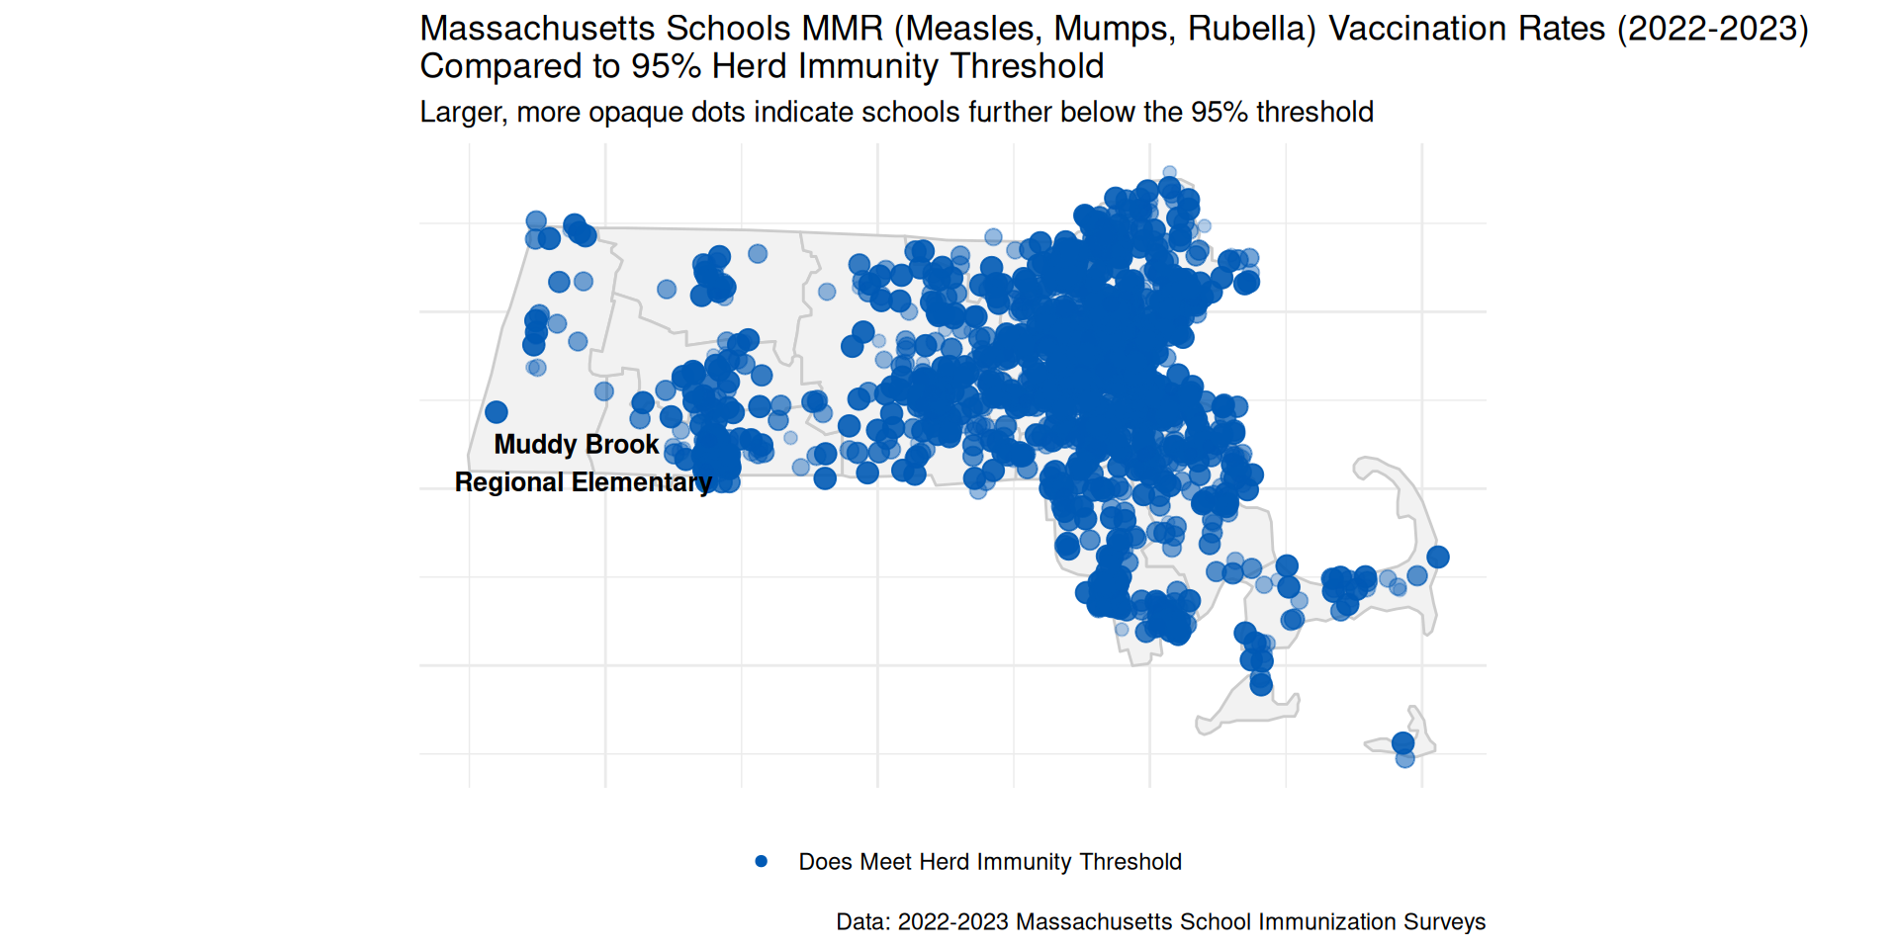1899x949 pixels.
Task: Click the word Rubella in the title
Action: pos(1251,29)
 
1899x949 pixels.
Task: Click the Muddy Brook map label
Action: pos(576,445)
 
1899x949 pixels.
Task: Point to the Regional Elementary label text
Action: pos(583,482)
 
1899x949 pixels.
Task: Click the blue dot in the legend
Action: pos(761,862)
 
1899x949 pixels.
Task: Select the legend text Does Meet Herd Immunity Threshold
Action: pos(989,862)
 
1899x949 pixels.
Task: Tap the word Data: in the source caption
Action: pos(863,922)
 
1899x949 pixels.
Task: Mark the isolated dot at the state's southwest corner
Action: pos(497,411)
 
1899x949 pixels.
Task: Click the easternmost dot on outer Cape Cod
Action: pos(1438,557)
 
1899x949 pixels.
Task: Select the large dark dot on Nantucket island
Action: pos(1402,742)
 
